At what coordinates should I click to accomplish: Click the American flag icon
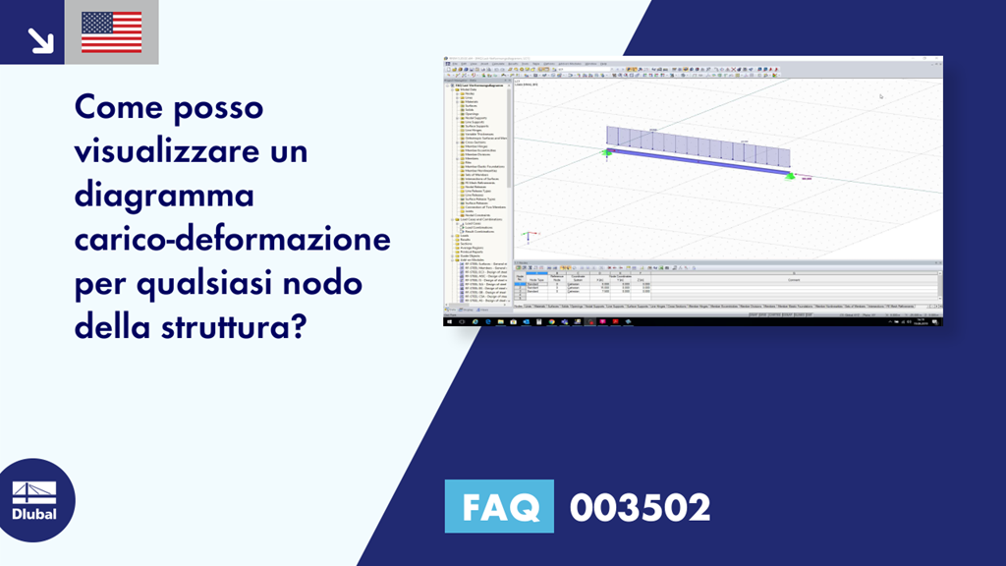point(111,32)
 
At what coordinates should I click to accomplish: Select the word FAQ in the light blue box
point(498,507)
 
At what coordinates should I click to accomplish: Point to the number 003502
point(640,507)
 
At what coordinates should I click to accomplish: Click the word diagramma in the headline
point(164,195)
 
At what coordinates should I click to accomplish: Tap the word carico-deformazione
point(232,239)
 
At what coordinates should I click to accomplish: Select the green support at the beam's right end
point(789,175)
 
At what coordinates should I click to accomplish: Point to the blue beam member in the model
point(698,163)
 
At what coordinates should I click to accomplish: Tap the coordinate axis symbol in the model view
point(528,236)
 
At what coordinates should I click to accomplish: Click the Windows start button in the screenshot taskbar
point(448,321)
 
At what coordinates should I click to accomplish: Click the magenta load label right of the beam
point(808,179)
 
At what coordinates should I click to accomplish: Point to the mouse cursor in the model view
point(880,96)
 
